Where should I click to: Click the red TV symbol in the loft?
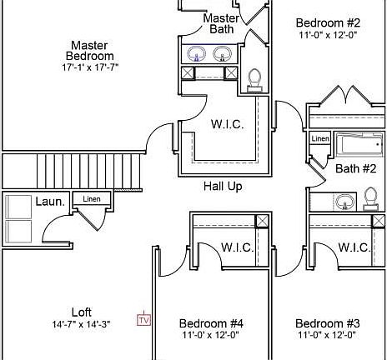pyautogui.click(x=143, y=319)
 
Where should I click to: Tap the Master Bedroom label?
pyautogui.click(x=89, y=51)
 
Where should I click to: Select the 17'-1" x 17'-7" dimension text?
pyautogui.click(x=90, y=67)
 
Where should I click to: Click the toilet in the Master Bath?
pyautogui.click(x=254, y=80)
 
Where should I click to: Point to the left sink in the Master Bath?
pyautogui.click(x=197, y=53)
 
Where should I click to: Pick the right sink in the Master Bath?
pyautogui.click(x=222, y=53)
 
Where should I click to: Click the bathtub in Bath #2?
pyautogui.click(x=359, y=143)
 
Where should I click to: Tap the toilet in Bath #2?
pyautogui.click(x=371, y=199)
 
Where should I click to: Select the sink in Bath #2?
pyautogui.click(x=344, y=202)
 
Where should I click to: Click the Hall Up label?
pyautogui.click(x=223, y=186)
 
